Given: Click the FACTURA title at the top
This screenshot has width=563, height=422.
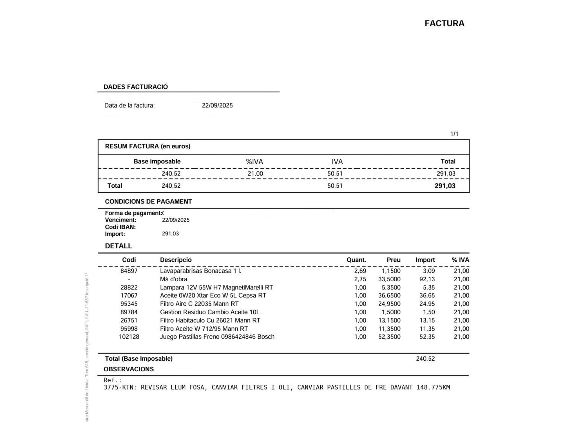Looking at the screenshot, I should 444,23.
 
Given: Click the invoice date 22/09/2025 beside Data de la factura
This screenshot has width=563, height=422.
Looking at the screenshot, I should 217,105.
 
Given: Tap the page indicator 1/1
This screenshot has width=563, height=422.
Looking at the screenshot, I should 454,134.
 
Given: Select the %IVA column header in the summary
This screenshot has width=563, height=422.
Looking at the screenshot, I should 254,161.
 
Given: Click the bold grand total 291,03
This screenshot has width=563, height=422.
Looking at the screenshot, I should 445,186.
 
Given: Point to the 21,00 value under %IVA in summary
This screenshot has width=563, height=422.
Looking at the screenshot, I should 255,174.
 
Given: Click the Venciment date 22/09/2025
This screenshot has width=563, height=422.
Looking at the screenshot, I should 176,220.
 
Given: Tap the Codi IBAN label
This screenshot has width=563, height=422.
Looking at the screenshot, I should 120,227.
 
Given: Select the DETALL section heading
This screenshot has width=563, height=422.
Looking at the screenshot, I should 118,246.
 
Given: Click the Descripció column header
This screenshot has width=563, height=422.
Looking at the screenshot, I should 176,260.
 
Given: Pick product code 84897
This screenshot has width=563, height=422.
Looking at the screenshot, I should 129,271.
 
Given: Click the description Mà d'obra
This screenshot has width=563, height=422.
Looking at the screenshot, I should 173,279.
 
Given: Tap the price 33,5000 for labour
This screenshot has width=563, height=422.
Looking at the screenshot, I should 389,279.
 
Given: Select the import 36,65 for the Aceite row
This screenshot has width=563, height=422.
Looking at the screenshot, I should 427,295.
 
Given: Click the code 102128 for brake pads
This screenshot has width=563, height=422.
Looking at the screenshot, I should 129,337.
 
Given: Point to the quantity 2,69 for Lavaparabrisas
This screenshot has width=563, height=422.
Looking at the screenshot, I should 360,271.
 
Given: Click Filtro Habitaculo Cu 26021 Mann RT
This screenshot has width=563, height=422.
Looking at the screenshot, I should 210,320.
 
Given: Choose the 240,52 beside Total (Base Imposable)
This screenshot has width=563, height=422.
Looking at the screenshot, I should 425,359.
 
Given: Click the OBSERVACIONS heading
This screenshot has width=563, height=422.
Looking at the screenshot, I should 129,369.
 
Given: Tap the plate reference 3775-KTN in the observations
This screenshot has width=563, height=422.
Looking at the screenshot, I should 120,387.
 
